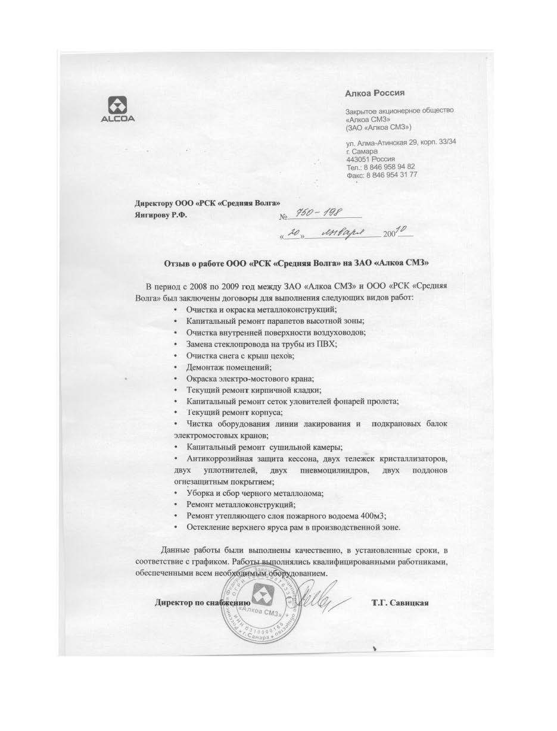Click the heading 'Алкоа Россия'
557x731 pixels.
pos(375,93)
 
